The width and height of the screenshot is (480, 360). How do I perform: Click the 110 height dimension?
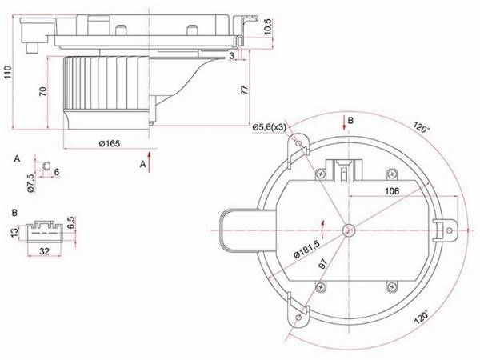[x=7, y=72]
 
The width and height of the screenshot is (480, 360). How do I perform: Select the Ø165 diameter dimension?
[x=110, y=143]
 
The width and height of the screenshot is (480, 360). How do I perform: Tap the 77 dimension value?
[x=245, y=90]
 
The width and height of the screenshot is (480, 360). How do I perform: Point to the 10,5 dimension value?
[x=267, y=27]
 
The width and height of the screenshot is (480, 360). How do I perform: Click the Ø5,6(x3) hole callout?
[x=269, y=127]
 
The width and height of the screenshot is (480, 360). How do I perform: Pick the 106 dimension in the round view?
[x=392, y=191]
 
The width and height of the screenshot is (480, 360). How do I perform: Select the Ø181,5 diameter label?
[x=306, y=249]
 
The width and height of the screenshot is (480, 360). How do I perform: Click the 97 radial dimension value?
[x=323, y=263]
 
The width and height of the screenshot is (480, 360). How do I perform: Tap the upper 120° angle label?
[x=422, y=126]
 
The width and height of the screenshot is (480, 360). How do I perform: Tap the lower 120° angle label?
[x=422, y=317]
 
